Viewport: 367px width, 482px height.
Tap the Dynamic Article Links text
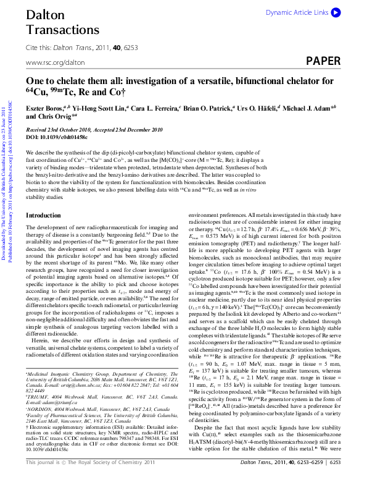tap(297, 12)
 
